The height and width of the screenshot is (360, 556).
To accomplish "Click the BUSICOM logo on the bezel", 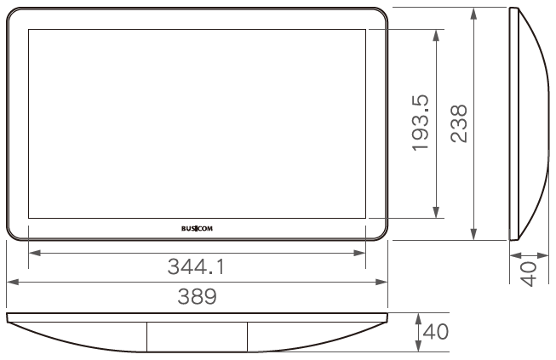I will (x=197, y=229).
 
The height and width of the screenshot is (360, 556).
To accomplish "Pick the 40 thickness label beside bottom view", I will (x=436, y=331).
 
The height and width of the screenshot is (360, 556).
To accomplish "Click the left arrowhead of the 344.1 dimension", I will (x=32, y=253).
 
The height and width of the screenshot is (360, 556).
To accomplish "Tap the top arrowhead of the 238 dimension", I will (x=474, y=10).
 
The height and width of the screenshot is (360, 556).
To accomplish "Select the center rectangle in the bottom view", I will (x=197, y=335).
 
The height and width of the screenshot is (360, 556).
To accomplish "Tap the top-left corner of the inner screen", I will (x=28, y=30).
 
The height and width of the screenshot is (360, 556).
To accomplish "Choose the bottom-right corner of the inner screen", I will (x=365, y=218).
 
